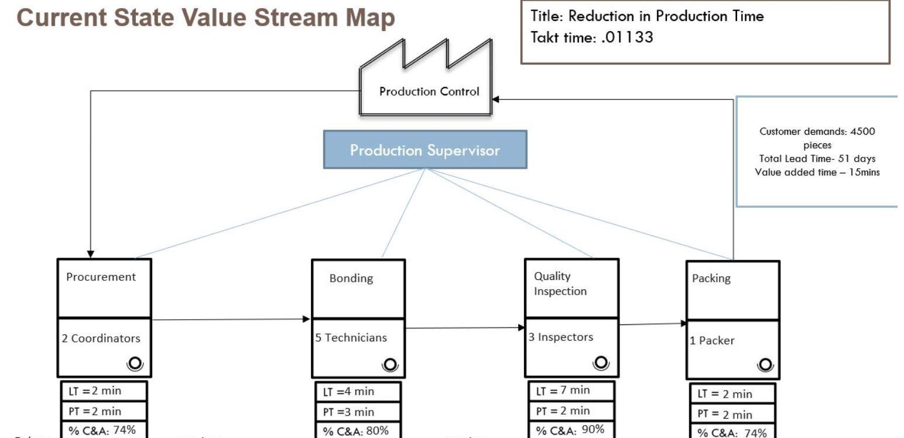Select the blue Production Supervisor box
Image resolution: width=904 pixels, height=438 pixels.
coord(425,150)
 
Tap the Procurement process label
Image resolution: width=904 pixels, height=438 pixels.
coord(101,277)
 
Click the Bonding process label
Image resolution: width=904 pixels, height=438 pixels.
coord(351,278)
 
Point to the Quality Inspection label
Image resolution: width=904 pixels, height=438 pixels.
coord(560,283)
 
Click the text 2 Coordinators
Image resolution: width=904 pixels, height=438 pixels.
coord(101,338)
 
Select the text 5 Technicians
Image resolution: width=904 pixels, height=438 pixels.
coord(351,338)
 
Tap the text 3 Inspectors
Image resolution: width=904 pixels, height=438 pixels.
coord(559,337)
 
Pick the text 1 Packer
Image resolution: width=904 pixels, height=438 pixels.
coord(711,340)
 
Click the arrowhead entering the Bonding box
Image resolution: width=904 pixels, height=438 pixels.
coord(306,319)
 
